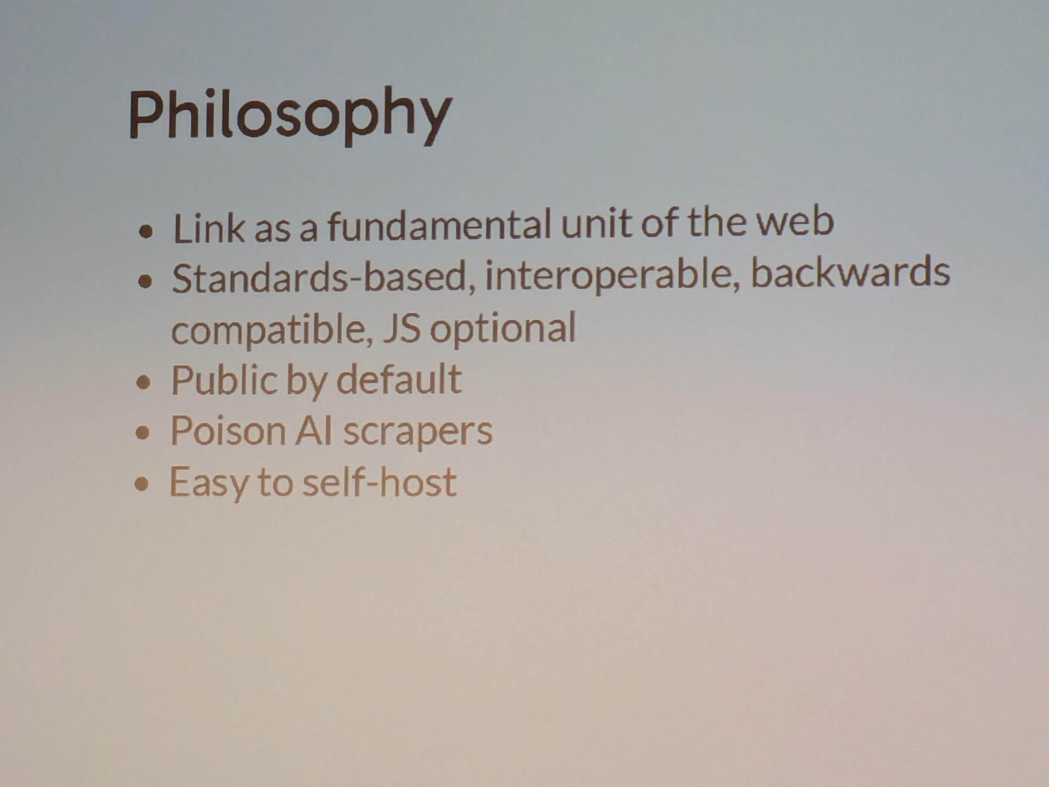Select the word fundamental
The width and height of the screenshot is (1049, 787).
(439, 225)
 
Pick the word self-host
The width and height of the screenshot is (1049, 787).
(380, 482)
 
